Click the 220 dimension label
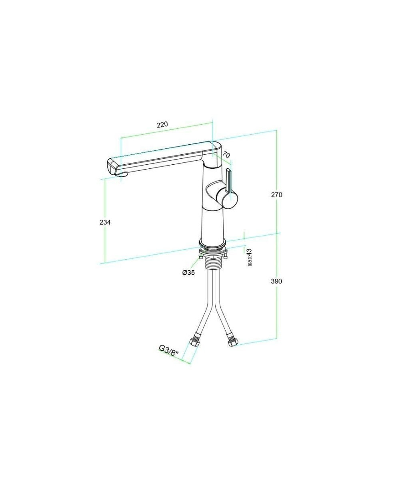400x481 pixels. pyautogui.click(x=162, y=124)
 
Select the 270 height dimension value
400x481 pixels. pyautogui.click(x=276, y=195)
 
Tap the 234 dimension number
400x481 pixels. pyautogui.click(x=105, y=222)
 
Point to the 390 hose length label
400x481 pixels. pyautogui.click(x=276, y=281)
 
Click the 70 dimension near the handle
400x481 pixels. pyautogui.click(x=226, y=155)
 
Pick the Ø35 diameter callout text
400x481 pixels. pyautogui.click(x=188, y=273)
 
